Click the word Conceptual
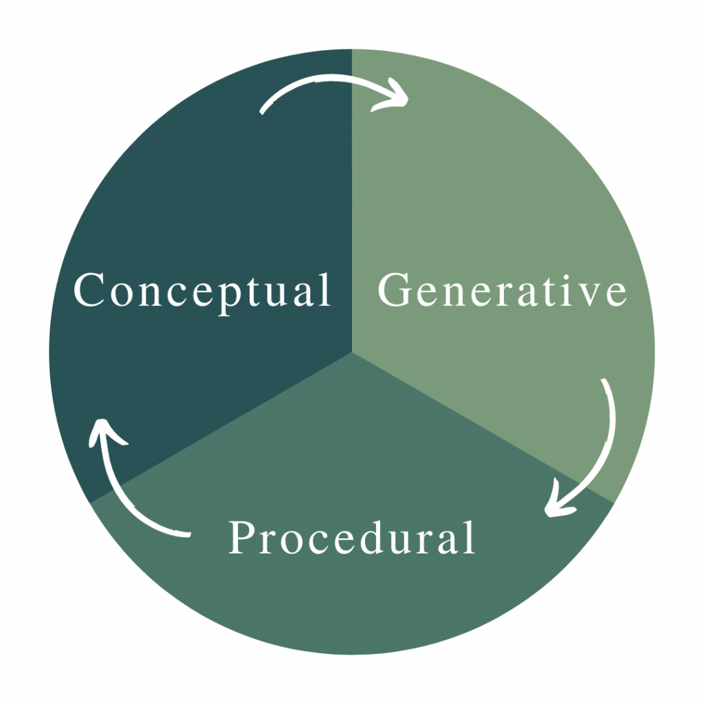tap(202, 291)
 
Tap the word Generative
tap(502, 291)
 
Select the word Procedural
tap(351, 538)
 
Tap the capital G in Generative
tap(395, 290)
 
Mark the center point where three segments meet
tap(352, 352)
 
